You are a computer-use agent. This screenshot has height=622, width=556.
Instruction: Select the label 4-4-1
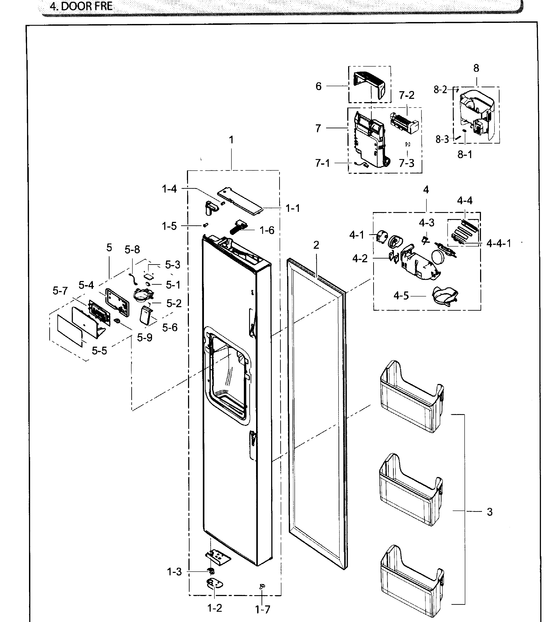(499, 243)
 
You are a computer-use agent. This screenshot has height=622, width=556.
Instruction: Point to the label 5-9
(144, 338)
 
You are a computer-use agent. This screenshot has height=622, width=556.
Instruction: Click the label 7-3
(407, 163)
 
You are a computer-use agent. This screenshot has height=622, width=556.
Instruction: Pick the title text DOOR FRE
(81, 6)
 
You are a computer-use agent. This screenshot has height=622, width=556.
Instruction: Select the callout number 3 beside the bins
(490, 512)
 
